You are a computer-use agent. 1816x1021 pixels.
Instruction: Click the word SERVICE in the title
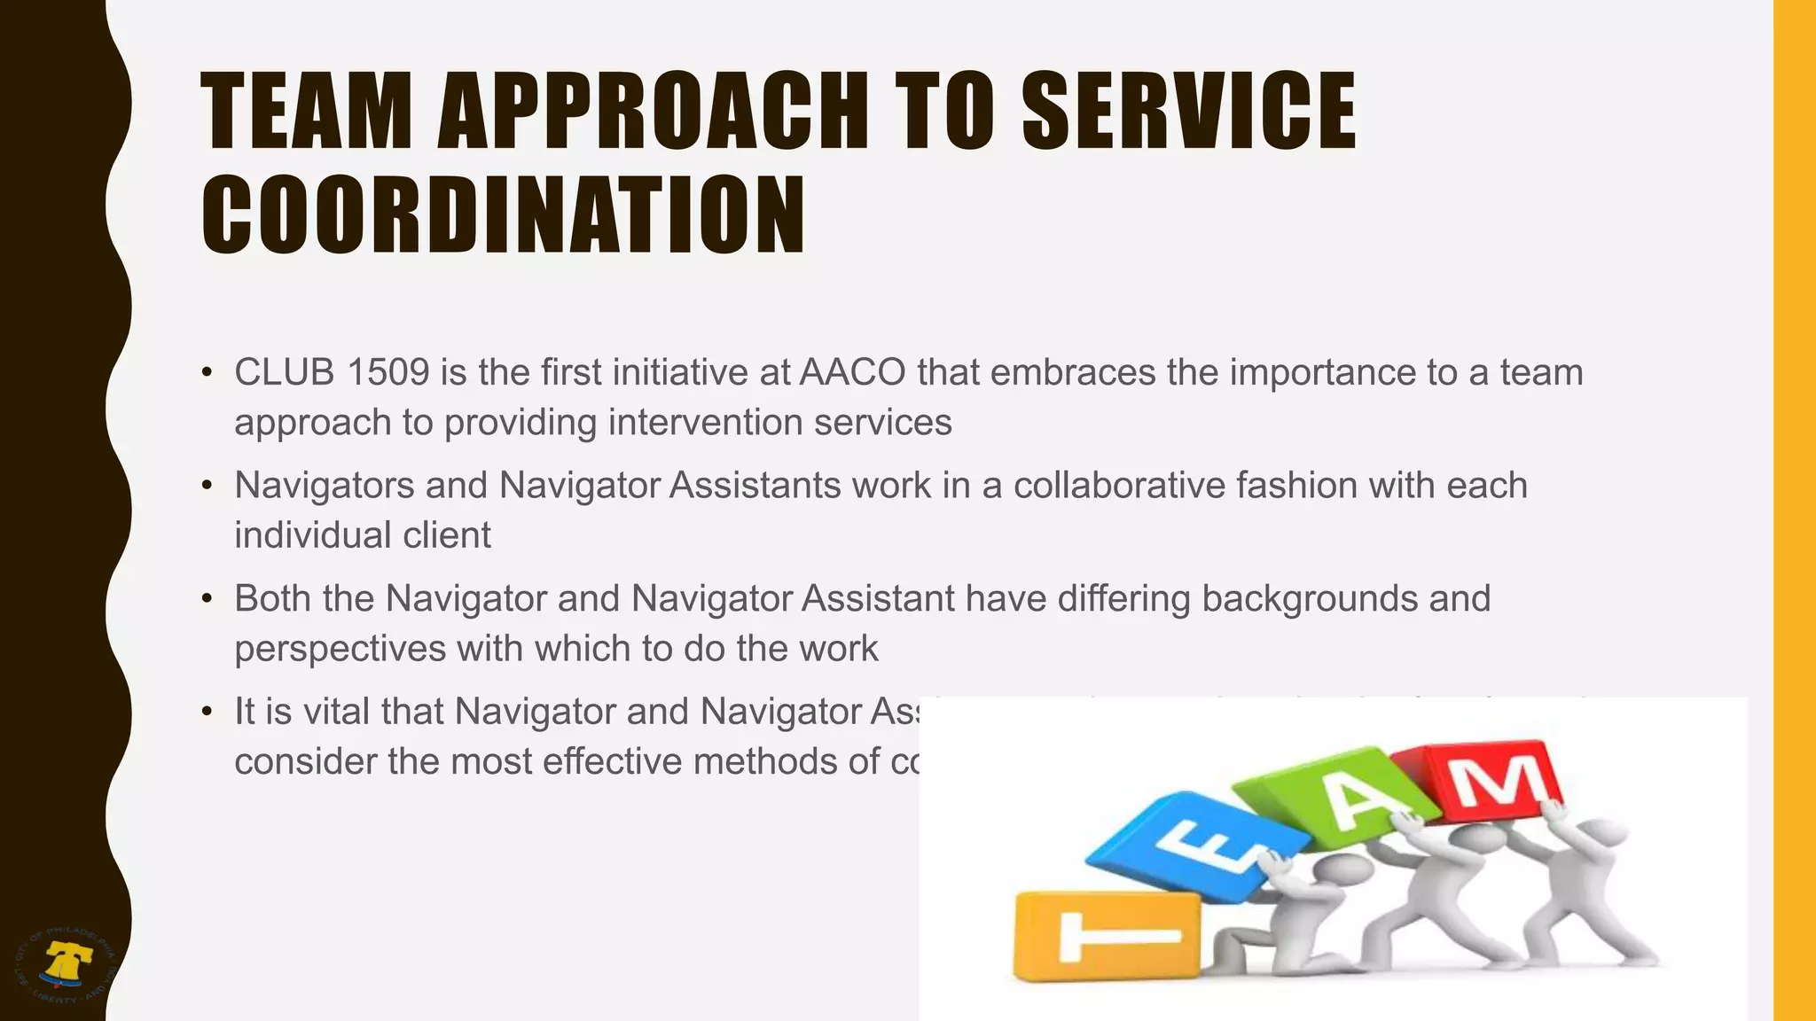pyautogui.click(x=1188, y=111)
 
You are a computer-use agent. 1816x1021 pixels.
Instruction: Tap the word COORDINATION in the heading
pyautogui.click(x=503, y=215)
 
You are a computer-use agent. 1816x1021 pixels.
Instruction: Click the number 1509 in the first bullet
pyautogui.click(x=387, y=372)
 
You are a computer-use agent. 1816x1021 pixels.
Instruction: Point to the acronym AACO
pyautogui.click(x=852, y=372)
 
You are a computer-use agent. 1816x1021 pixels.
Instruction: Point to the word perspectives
pyautogui.click(x=340, y=649)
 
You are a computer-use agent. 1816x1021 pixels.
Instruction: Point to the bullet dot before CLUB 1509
pyautogui.click(x=207, y=372)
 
